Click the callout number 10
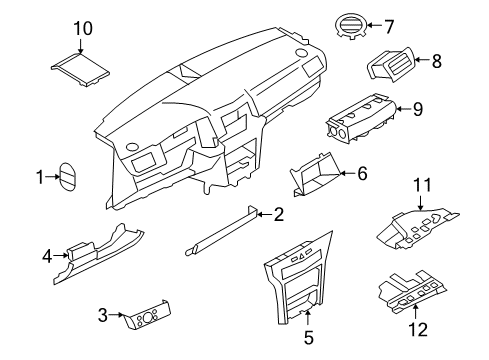82,28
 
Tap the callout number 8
435,61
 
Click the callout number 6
362,173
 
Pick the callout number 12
420,329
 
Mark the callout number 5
308,338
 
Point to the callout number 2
279,212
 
